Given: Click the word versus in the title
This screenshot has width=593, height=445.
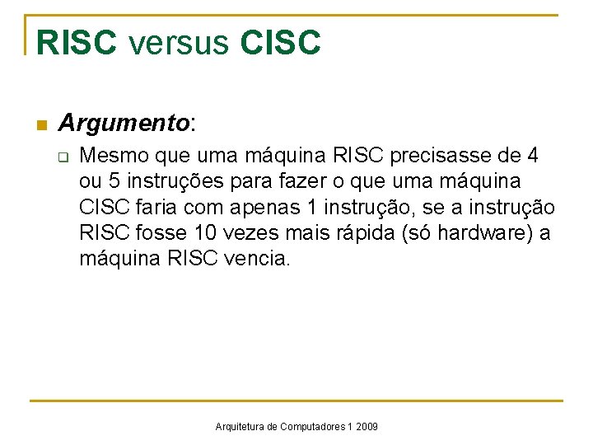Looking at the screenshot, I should [178, 43].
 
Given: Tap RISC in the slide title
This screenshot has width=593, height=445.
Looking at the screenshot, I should [77, 43].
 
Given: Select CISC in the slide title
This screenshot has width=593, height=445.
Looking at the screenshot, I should [280, 43].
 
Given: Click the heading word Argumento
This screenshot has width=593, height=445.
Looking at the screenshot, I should [124, 124].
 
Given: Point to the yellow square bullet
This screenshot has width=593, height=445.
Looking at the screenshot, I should [39, 126].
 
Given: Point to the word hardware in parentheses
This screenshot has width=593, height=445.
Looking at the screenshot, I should [478, 232].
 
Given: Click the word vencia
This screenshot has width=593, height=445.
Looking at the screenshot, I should [257, 258].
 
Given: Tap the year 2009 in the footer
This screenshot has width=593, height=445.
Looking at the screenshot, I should [367, 427].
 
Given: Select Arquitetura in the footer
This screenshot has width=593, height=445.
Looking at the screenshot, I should [240, 427].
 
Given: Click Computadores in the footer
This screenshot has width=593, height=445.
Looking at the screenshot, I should [313, 427].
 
